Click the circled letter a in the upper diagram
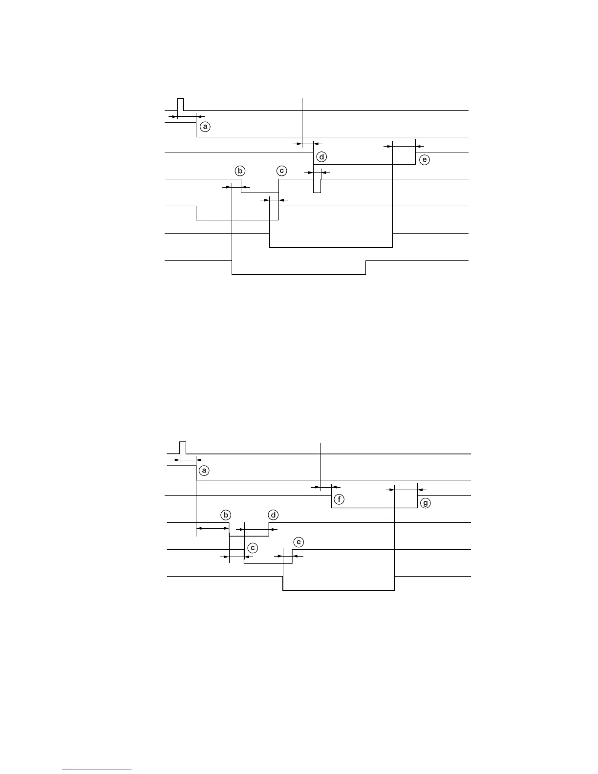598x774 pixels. pos(205,127)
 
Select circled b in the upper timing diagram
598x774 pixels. pos(239,171)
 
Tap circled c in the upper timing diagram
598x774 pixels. pos(281,171)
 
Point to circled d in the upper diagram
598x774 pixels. pos(321,157)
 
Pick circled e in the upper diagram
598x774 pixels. pos(425,160)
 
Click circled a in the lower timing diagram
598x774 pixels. pos(204,471)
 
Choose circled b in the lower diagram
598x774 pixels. pos(226,515)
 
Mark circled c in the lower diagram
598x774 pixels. pos(252,548)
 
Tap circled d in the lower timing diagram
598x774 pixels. pos(274,515)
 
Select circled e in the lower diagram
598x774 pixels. pos(299,542)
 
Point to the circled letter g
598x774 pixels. pos(426,503)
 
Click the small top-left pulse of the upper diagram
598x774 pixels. pos(180,104)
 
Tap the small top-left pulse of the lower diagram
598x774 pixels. pos(183,447)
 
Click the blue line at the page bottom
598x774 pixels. pos(97,770)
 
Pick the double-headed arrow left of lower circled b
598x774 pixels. pos(213,528)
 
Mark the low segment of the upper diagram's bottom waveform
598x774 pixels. pos(298,275)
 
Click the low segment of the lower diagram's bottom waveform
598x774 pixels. pos(339,590)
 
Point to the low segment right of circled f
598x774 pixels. pos(374,508)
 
